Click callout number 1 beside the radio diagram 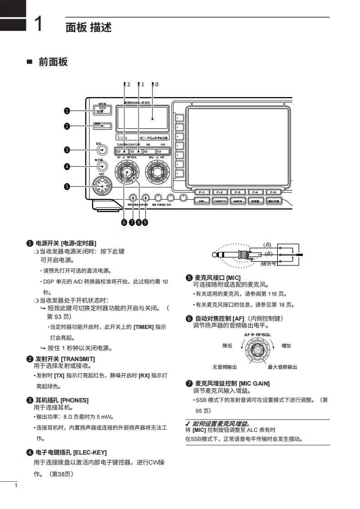[67, 111]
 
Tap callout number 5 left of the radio [67, 186]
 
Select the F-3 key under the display [237, 192]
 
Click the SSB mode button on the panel [202, 201]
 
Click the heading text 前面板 [53, 62]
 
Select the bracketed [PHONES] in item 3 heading [74, 400]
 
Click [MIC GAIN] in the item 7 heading [254, 383]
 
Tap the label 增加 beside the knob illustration [286, 346]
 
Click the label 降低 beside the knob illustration [227, 346]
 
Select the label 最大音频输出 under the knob [282, 367]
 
